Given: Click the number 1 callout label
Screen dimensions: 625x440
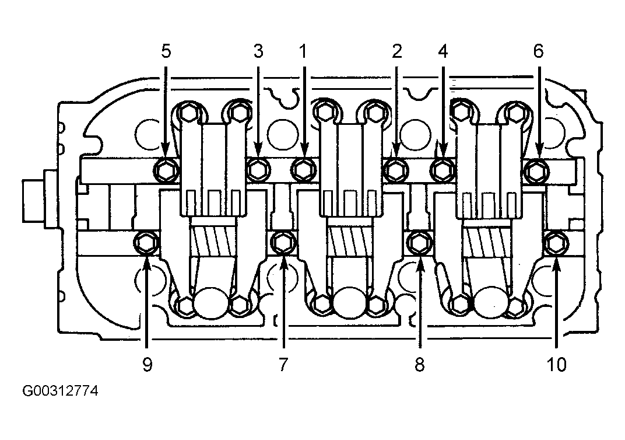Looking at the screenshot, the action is tap(303, 51).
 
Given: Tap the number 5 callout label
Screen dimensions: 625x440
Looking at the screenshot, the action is tap(166, 51).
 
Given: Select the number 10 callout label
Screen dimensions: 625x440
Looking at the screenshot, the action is tap(556, 365).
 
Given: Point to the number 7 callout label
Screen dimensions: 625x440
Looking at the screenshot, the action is tap(283, 365).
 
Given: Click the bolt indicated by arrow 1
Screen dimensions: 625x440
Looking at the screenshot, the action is tap(304, 170).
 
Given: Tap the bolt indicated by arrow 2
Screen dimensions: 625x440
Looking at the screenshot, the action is tap(395, 171).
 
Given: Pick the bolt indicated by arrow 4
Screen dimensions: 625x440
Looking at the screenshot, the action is tap(443, 171).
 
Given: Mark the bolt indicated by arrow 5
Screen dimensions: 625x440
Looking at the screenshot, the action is tap(166, 171).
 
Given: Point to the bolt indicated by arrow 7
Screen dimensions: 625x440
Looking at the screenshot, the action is tap(283, 243).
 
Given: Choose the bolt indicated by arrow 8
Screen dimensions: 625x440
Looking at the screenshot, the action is tap(419, 243).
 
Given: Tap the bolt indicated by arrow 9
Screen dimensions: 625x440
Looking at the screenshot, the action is tap(146, 243).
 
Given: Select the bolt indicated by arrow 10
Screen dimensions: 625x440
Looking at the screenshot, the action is tap(556, 243).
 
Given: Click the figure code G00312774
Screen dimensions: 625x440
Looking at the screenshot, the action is tap(60, 391).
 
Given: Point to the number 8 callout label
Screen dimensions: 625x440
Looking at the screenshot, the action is tap(419, 365).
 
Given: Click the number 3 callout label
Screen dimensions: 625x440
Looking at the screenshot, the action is tap(258, 51).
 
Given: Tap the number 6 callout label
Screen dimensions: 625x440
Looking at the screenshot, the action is tap(538, 51).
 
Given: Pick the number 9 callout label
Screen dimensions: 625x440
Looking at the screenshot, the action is tap(147, 365).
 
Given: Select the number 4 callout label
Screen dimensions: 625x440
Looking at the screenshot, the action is tap(443, 51).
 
